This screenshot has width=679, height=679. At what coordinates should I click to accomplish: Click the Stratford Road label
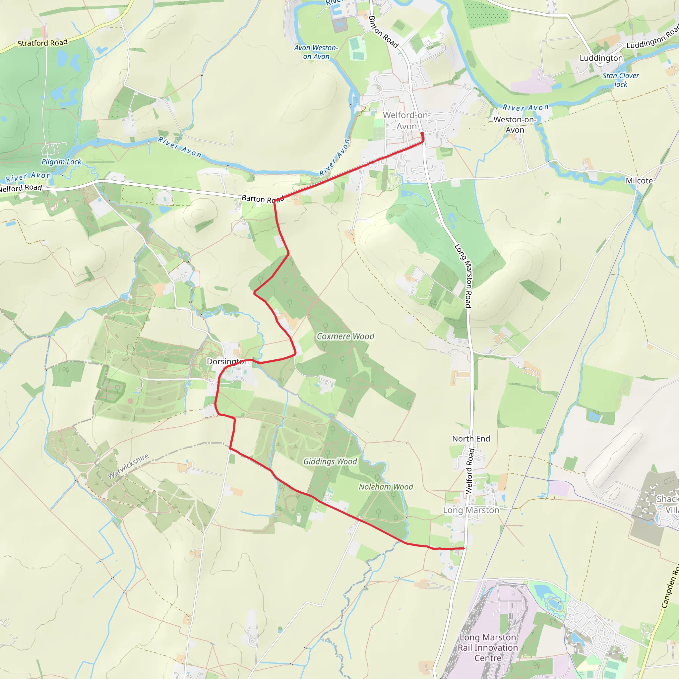42,43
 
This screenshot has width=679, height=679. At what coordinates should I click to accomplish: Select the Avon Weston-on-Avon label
316,52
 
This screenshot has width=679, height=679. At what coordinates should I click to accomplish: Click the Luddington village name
601,58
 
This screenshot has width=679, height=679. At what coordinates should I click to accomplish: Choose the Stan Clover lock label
621,80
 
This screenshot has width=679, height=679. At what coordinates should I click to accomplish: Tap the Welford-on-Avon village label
406,121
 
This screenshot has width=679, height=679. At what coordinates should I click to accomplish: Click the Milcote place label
639,181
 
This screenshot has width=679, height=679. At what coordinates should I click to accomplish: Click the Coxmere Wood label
345,336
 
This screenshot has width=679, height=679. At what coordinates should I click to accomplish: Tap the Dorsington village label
228,361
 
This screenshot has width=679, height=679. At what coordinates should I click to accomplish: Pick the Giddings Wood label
330,462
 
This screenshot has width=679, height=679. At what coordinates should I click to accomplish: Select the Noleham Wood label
386,487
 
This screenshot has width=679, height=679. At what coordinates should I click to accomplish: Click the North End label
471,439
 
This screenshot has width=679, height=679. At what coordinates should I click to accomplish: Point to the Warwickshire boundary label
128,466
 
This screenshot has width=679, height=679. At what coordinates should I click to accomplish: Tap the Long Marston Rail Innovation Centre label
488,648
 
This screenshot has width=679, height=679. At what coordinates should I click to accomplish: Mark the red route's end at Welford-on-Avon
422,134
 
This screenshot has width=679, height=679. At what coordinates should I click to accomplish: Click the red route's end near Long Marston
464,548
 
